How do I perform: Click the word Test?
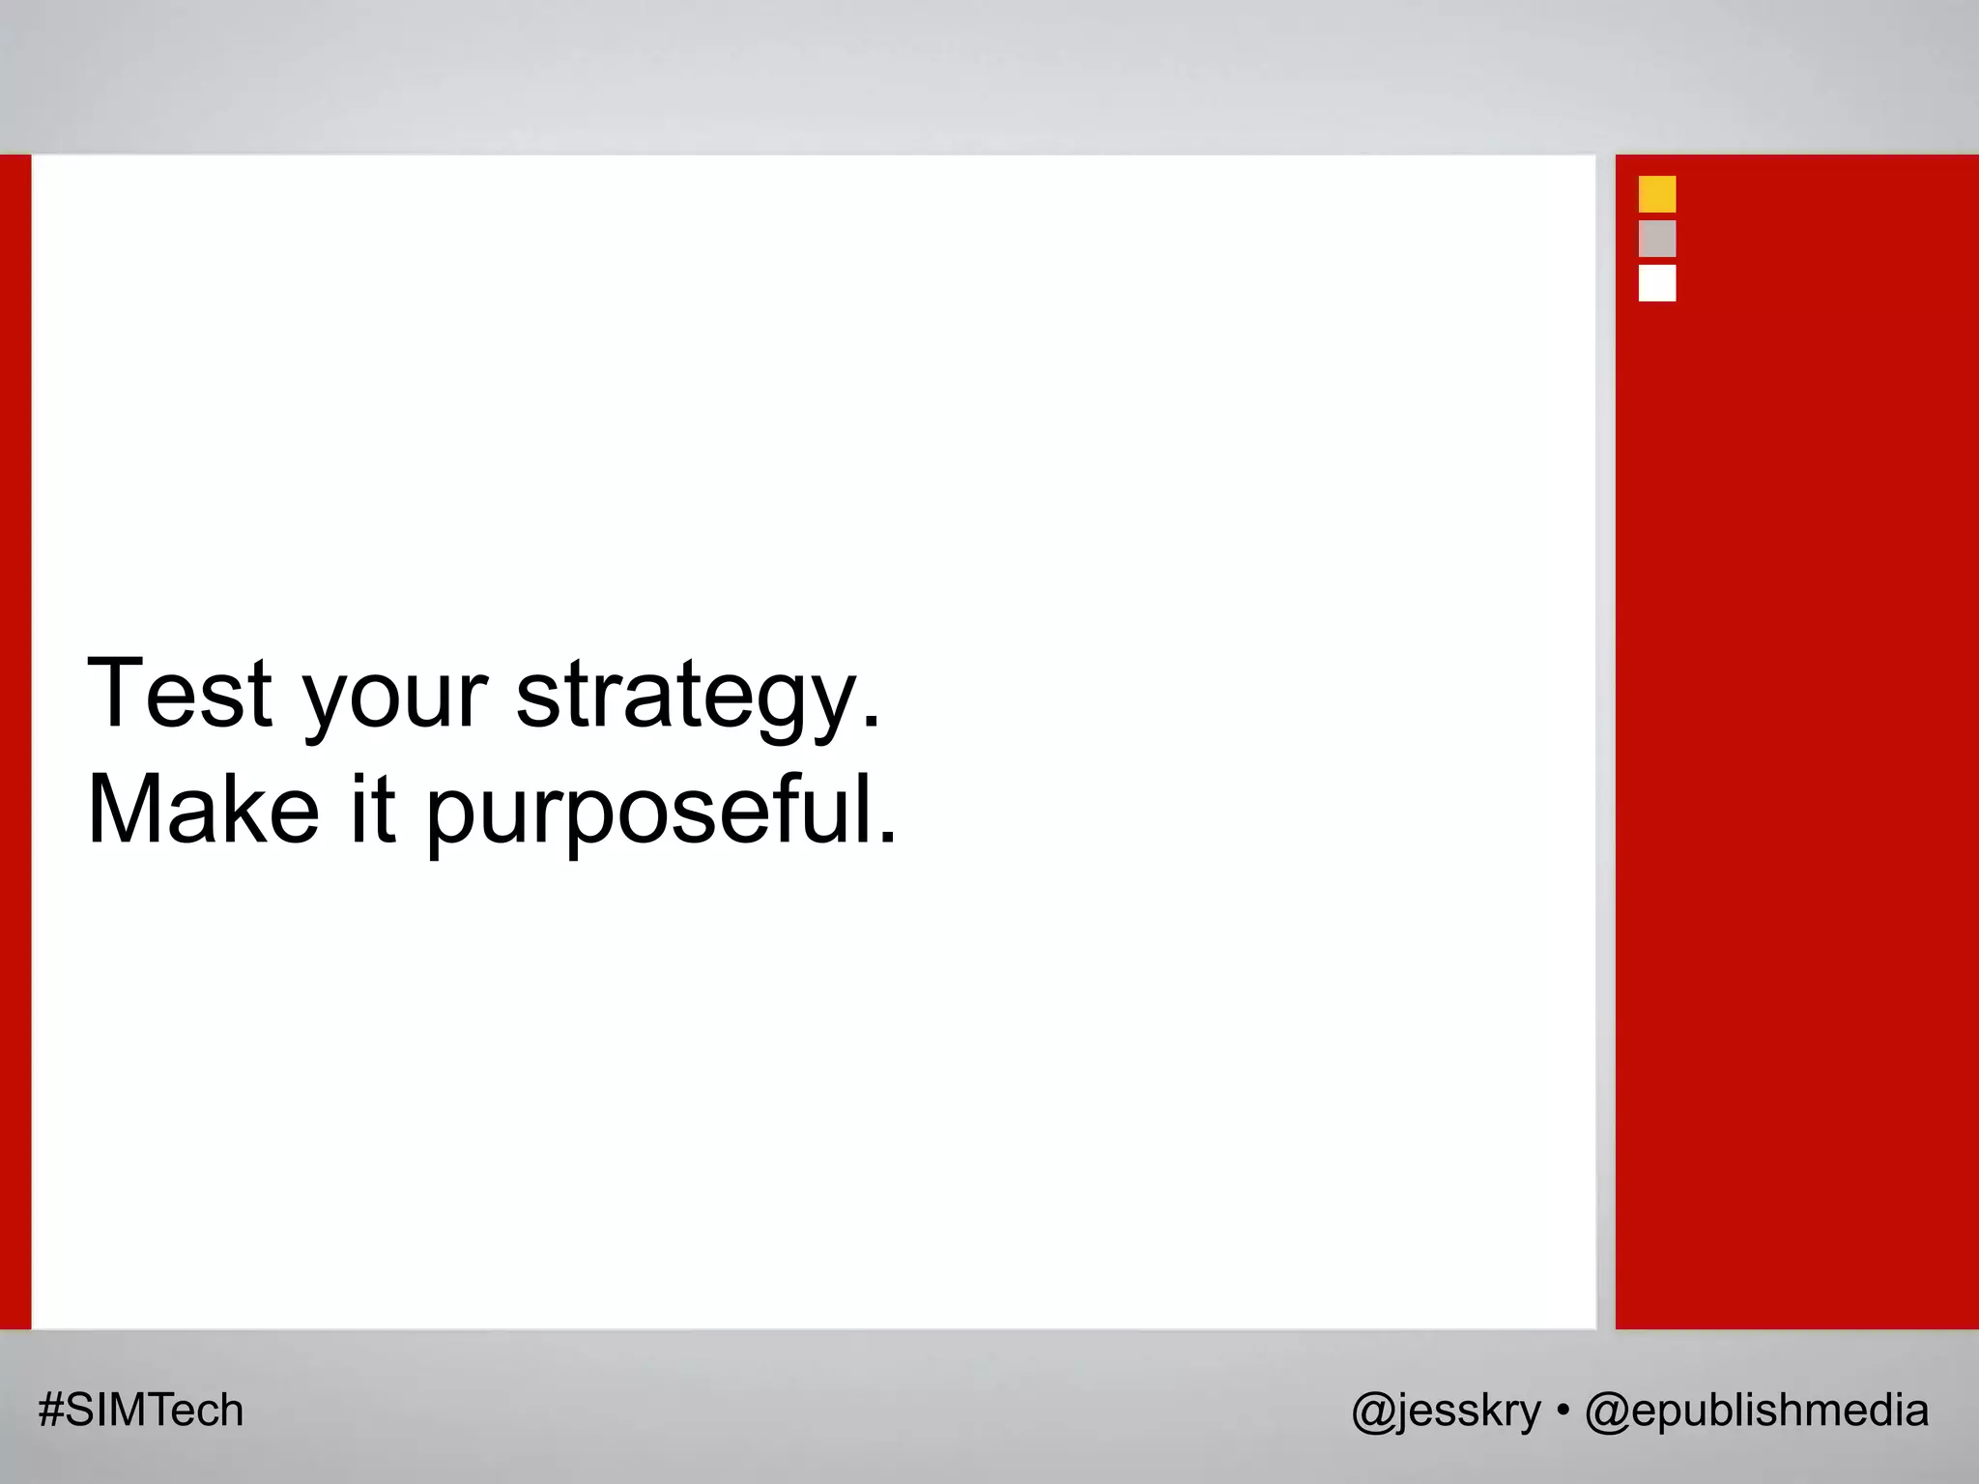[x=180, y=693]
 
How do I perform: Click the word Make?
[x=203, y=809]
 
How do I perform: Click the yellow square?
[x=1657, y=194]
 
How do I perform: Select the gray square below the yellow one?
[x=1657, y=239]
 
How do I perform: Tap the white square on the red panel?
[x=1657, y=283]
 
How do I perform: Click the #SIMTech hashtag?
[x=141, y=1411]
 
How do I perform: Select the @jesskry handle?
[x=1446, y=1412]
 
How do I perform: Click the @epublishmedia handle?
[x=1757, y=1412]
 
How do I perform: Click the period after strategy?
[x=872, y=723]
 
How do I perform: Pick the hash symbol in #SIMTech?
[x=50, y=1411]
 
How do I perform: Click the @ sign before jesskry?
[x=1372, y=1412]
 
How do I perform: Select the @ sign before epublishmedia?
[x=1606, y=1412]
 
